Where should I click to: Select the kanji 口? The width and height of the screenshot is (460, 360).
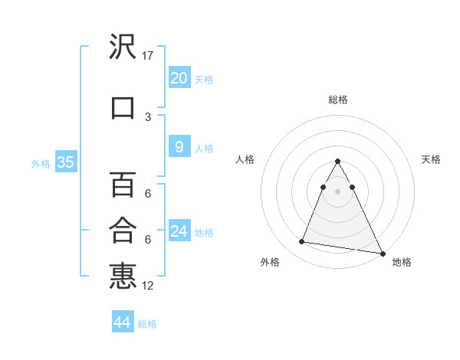click(x=123, y=106)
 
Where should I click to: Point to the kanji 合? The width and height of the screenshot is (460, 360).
click(x=123, y=230)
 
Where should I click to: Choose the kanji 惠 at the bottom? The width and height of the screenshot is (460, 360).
click(x=123, y=276)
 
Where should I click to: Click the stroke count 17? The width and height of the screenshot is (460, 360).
click(x=148, y=56)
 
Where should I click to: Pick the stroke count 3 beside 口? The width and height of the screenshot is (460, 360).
click(x=148, y=117)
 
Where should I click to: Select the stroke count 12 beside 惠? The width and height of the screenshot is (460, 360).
click(x=148, y=286)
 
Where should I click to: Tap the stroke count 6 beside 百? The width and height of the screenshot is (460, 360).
click(x=148, y=195)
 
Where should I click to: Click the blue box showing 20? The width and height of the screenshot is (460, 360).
click(x=179, y=78)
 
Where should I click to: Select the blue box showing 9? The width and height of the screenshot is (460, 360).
click(x=179, y=147)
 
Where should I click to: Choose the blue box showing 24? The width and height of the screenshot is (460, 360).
click(x=179, y=231)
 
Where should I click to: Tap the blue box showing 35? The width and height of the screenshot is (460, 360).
click(x=65, y=162)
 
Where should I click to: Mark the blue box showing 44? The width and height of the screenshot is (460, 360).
click(x=122, y=322)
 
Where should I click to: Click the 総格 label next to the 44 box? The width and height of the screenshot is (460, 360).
click(x=147, y=324)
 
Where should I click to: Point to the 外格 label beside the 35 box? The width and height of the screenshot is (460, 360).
click(x=41, y=163)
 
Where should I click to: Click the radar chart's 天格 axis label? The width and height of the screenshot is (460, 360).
click(x=431, y=159)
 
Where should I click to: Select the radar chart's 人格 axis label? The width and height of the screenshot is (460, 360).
click(x=245, y=159)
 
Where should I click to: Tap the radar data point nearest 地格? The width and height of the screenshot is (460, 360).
click(x=383, y=252)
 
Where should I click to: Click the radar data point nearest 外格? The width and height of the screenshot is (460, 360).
click(x=302, y=242)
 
